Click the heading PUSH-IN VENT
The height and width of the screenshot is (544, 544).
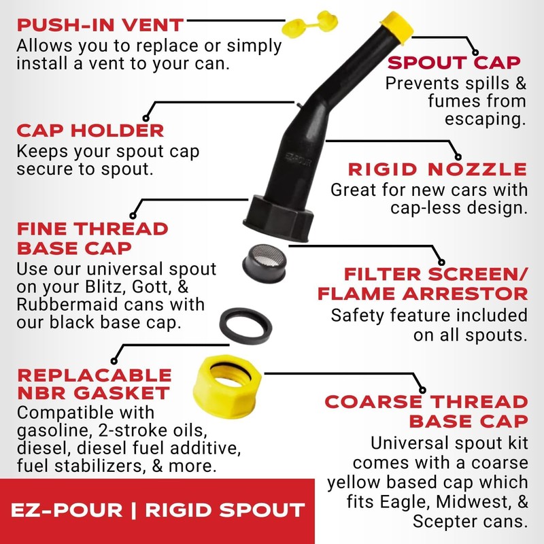click(100, 26)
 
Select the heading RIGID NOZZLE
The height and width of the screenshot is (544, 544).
click(437, 169)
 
